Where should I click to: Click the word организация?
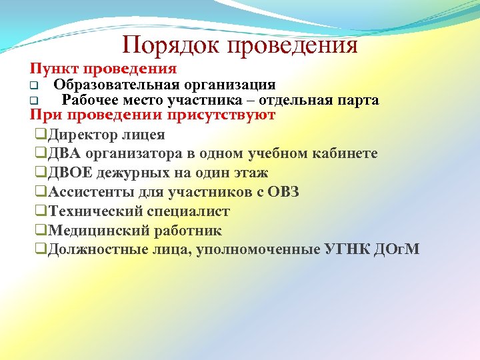(x=227, y=85)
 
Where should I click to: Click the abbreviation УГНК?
(x=351, y=250)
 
